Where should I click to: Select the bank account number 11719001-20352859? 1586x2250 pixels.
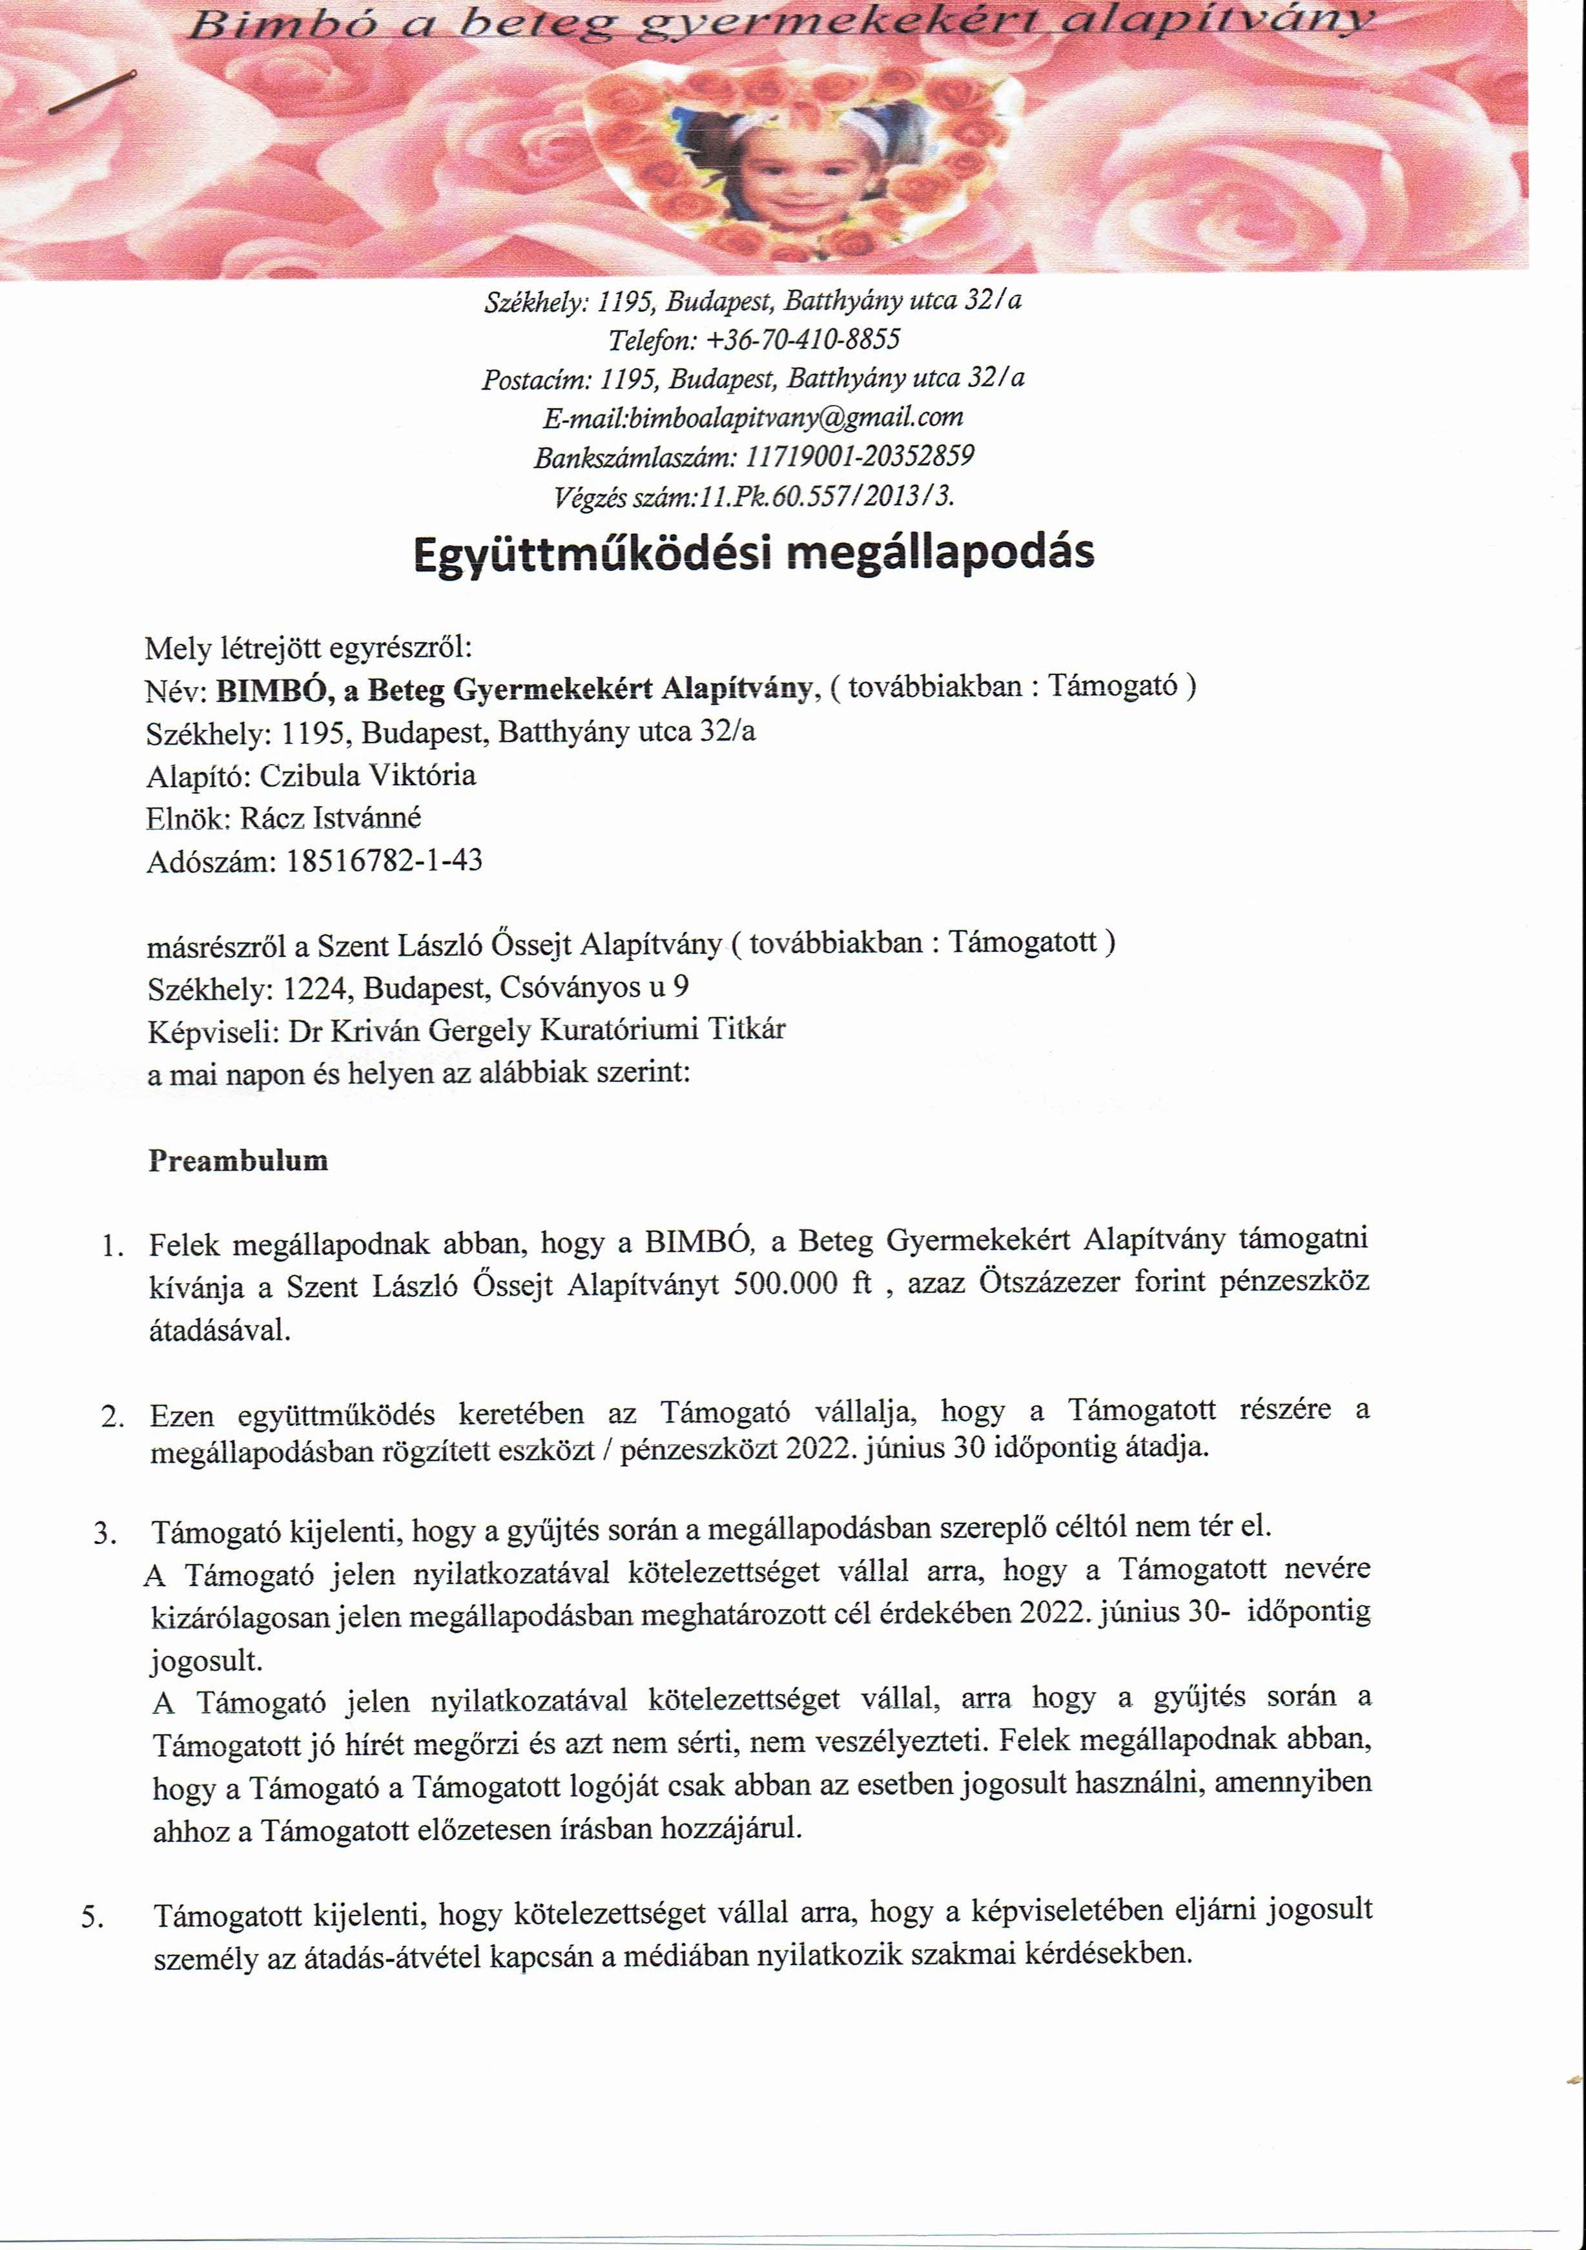860,457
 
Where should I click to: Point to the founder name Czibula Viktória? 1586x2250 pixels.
367,776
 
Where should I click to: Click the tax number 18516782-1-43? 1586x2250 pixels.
384,862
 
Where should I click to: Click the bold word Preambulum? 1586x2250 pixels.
238,1161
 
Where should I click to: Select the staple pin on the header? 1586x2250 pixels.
92,92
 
